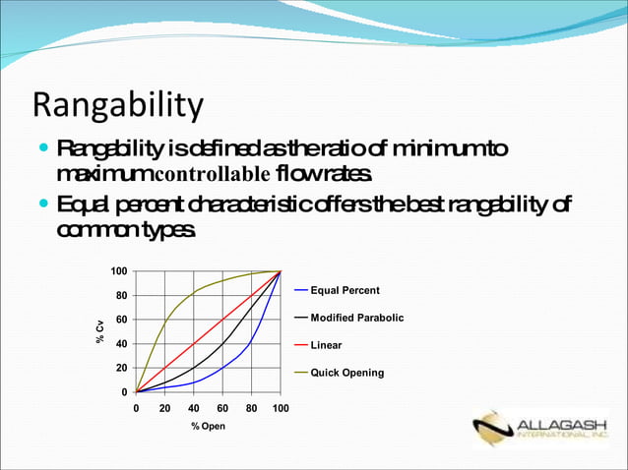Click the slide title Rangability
click(118, 105)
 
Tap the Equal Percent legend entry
click(345, 290)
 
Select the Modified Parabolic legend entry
click(356, 318)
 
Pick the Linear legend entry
click(326, 346)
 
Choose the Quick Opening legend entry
click(346, 374)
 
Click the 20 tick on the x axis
click(164, 407)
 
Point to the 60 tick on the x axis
click(222, 407)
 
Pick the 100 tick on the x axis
click(281, 407)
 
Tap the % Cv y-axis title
click(100, 331)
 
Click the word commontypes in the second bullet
click(126, 229)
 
